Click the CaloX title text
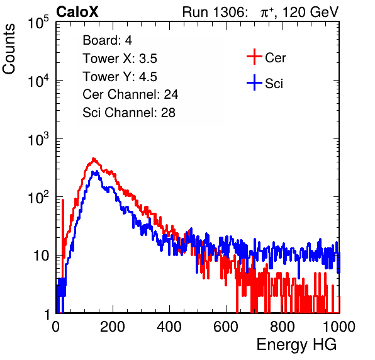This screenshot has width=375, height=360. click(x=77, y=12)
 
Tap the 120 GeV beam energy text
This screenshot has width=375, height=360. click(x=311, y=12)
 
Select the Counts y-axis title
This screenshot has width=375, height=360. click(x=9, y=49)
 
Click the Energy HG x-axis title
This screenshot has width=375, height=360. click(x=296, y=344)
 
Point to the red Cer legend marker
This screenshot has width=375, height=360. click(x=254, y=57)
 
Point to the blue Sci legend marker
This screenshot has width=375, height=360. click(x=254, y=82)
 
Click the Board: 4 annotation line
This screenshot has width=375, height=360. click(x=108, y=40)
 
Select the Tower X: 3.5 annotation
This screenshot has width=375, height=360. click(x=120, y=59)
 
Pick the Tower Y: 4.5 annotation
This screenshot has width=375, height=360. click(x=120, y=77)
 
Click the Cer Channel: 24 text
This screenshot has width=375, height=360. click(x=130, y=94)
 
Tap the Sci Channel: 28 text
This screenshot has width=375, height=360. click(x=129, y=113)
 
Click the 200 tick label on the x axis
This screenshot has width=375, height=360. click(x=113, y=327)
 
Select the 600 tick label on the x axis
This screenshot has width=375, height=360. click(x=226, y=327)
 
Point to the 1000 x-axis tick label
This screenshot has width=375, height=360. click(x=339, y=327)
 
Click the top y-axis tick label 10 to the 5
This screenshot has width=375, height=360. click(x=38, y=23)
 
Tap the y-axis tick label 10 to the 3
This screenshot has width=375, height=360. click(x=38, y=139)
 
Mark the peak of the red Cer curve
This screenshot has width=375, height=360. click(x=94, y=159)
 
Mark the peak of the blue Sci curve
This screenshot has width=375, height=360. click(x=96, y=171)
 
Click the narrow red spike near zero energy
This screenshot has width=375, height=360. click(x=63, y=230)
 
